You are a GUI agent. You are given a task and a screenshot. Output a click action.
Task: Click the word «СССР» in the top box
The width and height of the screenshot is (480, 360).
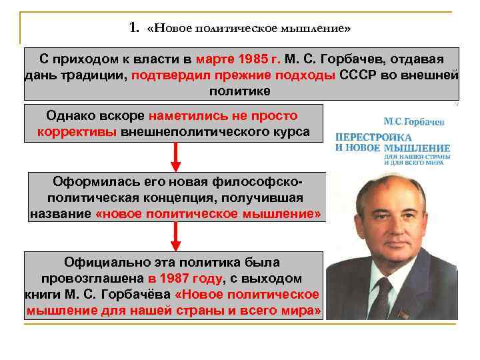[359, 75]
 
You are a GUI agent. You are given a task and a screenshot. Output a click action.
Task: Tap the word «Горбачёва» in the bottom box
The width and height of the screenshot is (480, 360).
[139, 295]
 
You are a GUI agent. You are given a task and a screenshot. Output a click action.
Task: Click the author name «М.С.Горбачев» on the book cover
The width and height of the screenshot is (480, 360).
[414, 122]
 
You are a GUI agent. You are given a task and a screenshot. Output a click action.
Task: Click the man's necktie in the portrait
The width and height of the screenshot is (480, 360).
[382, 297]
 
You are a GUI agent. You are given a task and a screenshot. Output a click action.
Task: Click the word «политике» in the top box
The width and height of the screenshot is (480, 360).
[240, 91]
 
